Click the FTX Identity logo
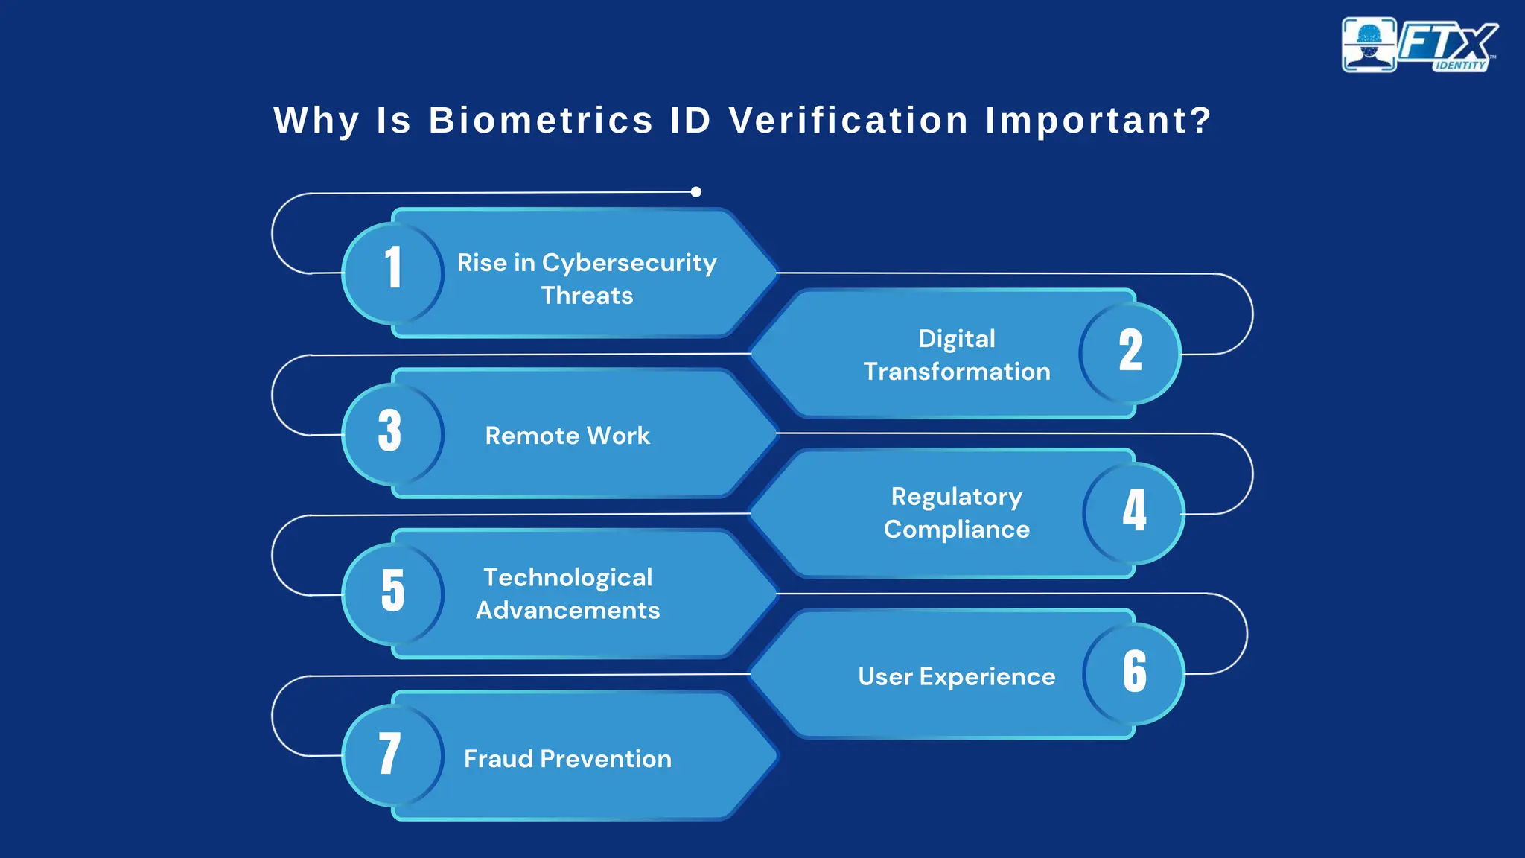tap(1419, 45)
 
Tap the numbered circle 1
tap(392, 272)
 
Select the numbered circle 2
tap(1130, 352)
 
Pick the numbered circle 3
tap(392, 433)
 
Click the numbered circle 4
tap(1133, 512)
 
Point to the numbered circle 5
tap(392, 593)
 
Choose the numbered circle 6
tap(1133, 673)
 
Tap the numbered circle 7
tap(392, 754)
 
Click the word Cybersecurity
tap(628, 263)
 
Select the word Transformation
tap(957, 372)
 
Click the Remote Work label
tap(567, 436)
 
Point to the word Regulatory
tap(957, 497)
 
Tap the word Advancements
tap(567, 611)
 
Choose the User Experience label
tap(957, 676)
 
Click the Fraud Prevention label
tap(567, 759)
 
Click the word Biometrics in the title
tap(541, 121)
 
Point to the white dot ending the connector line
tap(696, 192)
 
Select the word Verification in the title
tap(848, 121)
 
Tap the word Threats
tap(587, 296)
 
